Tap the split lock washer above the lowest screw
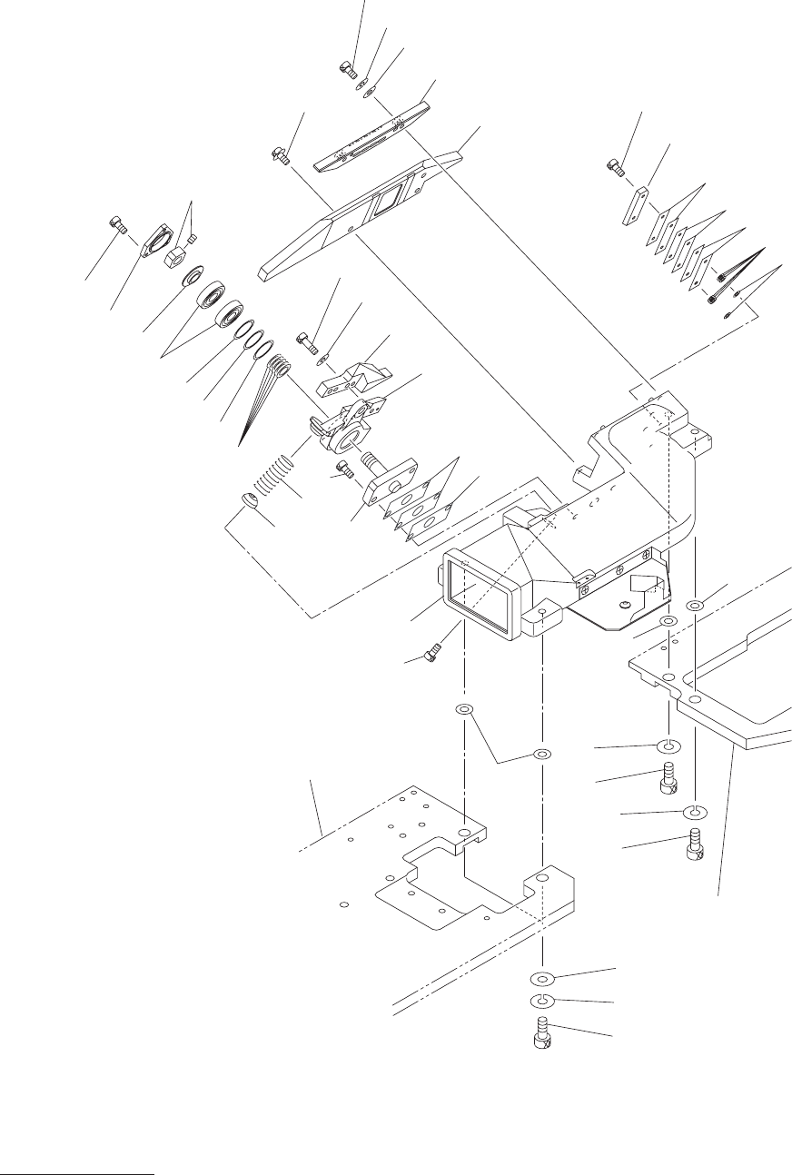[x=542, y=1002]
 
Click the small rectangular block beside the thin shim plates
[x=634, y=206]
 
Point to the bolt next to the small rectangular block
[x=615, y=166]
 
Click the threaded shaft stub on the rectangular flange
[x=373, y=461]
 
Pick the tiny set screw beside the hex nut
[x=191, y=240]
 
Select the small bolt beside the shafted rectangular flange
[x=342, y=470]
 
